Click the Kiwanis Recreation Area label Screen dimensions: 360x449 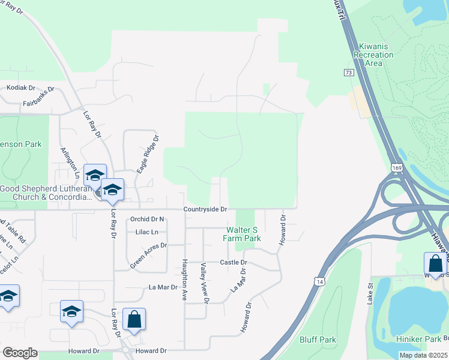[x=376, y=55]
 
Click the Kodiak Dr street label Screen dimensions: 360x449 [x=20, y=88]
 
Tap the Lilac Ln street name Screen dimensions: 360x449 [x=146, y=232]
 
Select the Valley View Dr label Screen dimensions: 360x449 [x=204, y=283]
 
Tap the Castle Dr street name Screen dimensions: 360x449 [x=233, y=263]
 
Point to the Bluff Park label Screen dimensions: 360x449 [x=318, y=340]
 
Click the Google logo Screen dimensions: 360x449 [x=20, y=352]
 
